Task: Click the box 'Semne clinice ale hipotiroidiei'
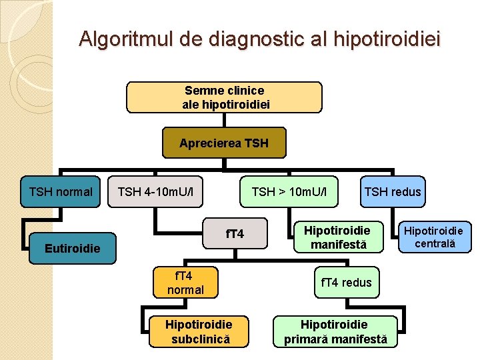pos(224,97)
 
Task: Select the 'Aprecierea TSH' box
pos(224,143)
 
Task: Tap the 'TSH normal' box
pos(61,192)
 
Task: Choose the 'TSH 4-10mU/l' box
pos(155,192)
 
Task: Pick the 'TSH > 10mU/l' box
pos(289,192)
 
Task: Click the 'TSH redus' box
pos(392,192)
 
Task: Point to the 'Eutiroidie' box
pos(72,249)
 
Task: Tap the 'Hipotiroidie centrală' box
pos(435,237)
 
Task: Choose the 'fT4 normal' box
pos(185,282)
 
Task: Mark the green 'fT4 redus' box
pos(346,283)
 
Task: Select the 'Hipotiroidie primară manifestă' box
pos(335,331)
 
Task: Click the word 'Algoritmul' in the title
pos(127,39)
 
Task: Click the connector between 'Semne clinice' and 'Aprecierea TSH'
pos(224,120)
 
